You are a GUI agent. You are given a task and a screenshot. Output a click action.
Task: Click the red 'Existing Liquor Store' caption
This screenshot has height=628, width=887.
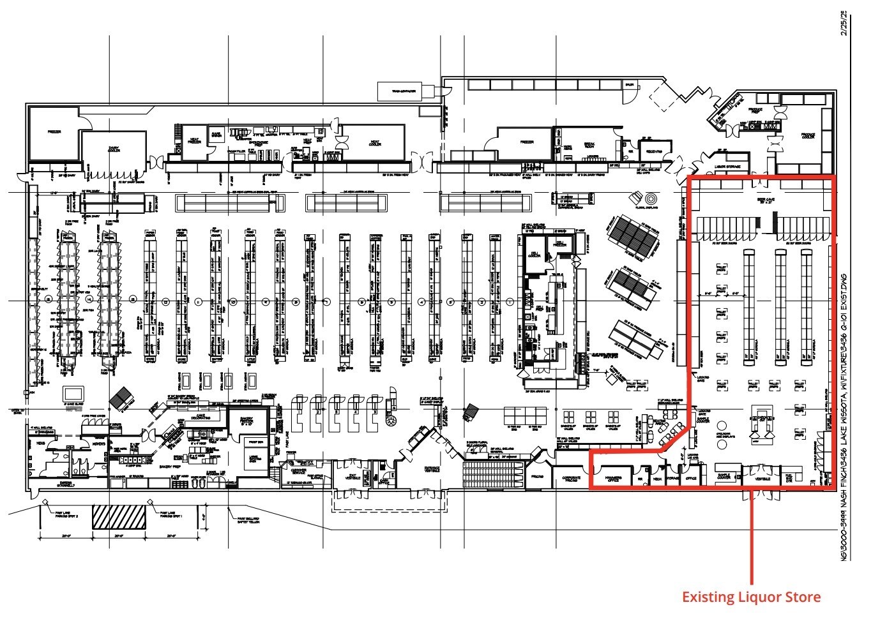[751, 597]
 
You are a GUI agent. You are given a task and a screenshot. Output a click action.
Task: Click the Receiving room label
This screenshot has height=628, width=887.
[654, 152]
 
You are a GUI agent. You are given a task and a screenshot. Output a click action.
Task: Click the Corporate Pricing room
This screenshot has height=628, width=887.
[571, 478]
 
